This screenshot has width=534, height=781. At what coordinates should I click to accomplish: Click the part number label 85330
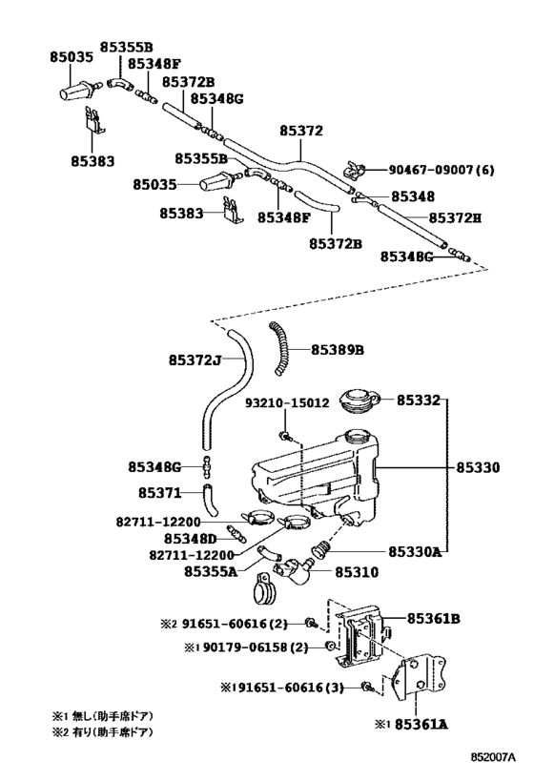pos(478,467)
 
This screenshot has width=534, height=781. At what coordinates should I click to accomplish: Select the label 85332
pos(419,400)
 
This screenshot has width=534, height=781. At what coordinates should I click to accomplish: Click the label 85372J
pos(195,360)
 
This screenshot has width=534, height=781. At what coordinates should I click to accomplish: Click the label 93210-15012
pos(287,402)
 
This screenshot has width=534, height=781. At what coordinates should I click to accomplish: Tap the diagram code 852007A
pos(494,757)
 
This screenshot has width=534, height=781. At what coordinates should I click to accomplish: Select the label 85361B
pos(433,619)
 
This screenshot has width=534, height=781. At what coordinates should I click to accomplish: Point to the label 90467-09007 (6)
pos(442,170)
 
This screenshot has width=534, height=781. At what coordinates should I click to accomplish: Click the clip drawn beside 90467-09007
pos(355,171)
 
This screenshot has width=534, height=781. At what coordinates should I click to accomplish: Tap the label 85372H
pos(455,217)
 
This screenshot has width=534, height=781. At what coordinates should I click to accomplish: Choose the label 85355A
pos(211,571)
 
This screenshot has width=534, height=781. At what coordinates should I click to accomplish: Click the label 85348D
pos(191,539)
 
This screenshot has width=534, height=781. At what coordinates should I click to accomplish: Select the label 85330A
pos(415,552)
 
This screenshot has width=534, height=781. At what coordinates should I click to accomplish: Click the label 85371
pos(160,493)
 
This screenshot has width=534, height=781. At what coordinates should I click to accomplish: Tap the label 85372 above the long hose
pos(301,131)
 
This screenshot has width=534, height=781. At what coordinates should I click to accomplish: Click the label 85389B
pos(338,350)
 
